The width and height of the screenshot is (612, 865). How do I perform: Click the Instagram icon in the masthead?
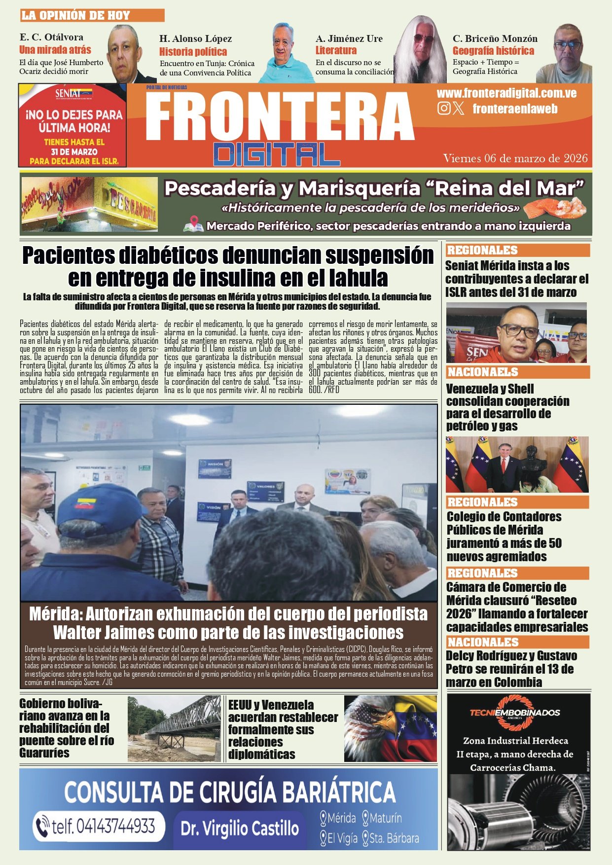pyautogui.click(x=444, y=108)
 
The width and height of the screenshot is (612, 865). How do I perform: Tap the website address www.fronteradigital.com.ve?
pyautogui.click(x=506, y=93)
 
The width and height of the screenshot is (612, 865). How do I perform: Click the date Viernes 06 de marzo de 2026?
pyautogui.click(x=515, y=158)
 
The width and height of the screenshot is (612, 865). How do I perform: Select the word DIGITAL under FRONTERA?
pyautogui.click(x=277, y=154)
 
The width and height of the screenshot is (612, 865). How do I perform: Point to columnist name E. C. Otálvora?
pyautogui.click(x=51, y=37)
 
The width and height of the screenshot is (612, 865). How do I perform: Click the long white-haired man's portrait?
pyautogui.click(x=421, y=52)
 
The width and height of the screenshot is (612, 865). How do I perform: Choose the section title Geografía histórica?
pyautogui.click(x=493, y=51)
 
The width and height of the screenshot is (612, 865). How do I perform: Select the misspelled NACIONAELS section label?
pyautogui.click(x=483, y=372)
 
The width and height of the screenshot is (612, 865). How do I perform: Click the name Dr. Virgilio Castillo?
pyautogui.click(x=240, y=828)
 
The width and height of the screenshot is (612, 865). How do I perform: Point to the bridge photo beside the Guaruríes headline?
pyautogui.click(x=174, y=728)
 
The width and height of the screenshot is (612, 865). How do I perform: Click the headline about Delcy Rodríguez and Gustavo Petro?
pyautogui.click(x=511, y=669)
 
